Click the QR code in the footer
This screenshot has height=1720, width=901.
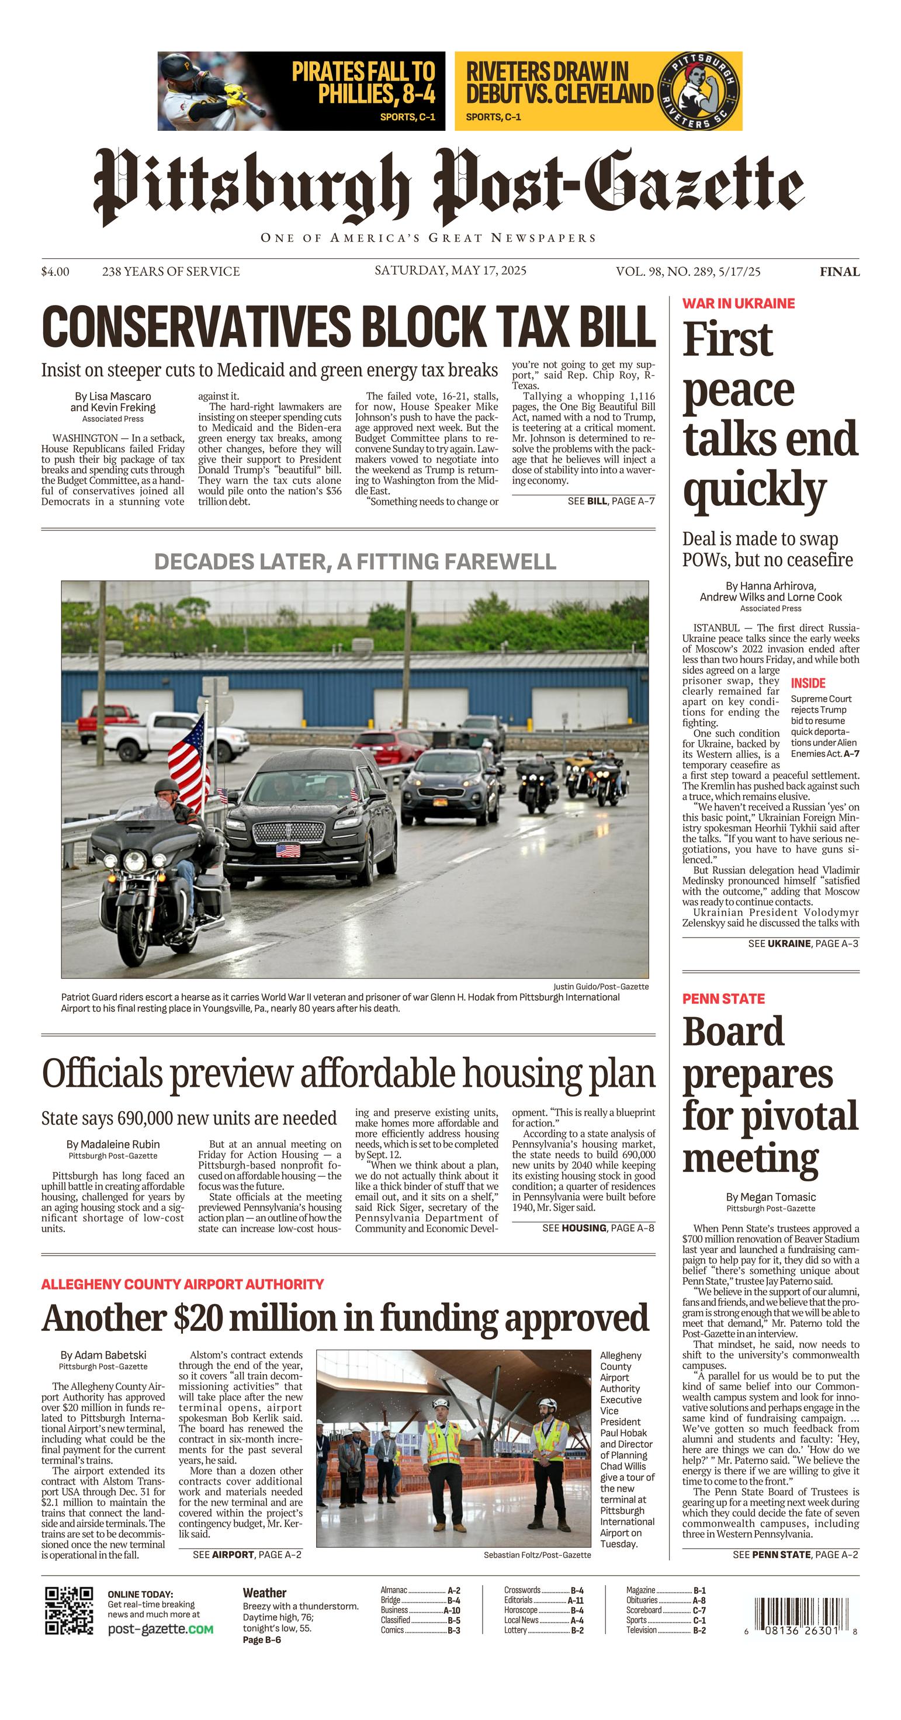pyautogui.click(x=69, y=1611)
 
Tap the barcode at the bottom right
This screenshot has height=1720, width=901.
pyautogui.click(x=797, y=1609)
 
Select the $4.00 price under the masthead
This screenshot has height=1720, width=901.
pyautogui.click(x=55, y=272)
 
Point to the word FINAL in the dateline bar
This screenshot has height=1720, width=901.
pyautogui.click(x=840, y=272)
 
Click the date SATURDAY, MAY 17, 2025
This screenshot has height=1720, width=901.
pyautogui.click(x=450, y=271)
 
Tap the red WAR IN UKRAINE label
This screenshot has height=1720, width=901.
pyautogui.click(x=738, y=303)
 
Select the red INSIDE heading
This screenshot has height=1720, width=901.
pyautogui.click(x=808, y=683)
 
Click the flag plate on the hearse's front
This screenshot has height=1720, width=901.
pyautogui.click(x=288, y=850)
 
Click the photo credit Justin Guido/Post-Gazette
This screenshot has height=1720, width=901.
pyautogui.click(x=601, y=986)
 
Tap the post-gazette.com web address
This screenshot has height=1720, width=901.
pyautogui.click(x=160, y=1629)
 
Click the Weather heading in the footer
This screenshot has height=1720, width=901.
pyautogui.click(x=265, y=1593)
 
